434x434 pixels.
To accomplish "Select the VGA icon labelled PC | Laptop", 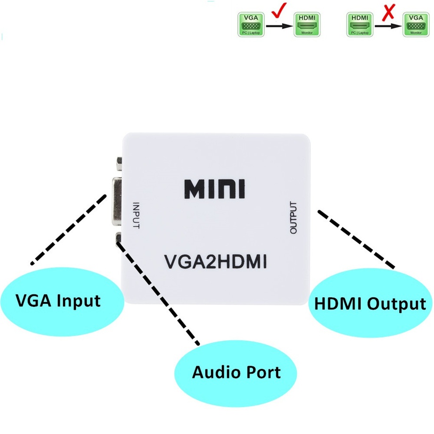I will (250, 25).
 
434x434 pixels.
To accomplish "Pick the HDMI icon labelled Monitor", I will (307, 25).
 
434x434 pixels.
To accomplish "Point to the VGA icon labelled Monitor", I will (416, 25).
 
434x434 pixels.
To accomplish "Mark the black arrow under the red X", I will (388, 26).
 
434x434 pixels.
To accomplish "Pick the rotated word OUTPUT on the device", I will (294, 218).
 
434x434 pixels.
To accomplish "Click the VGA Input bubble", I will (58, 301).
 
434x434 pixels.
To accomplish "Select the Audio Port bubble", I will (236, 372).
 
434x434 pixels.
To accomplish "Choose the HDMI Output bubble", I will (369, 304).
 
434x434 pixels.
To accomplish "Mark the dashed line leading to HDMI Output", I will (356, 239).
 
